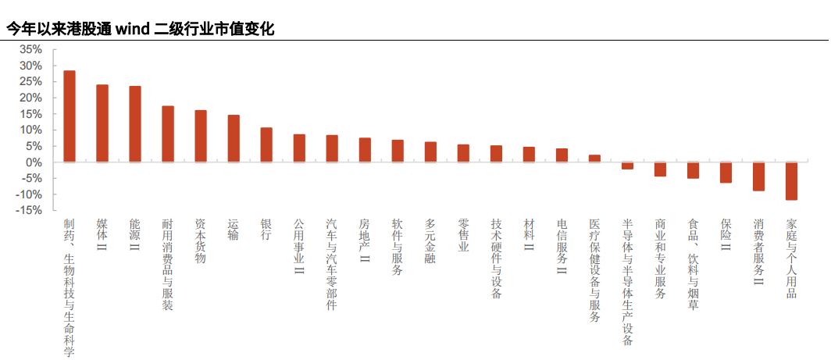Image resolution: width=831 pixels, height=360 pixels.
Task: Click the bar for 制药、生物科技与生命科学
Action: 70,116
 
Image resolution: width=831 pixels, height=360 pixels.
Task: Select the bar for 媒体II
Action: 102,123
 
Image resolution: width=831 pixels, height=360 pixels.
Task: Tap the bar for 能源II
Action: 135,124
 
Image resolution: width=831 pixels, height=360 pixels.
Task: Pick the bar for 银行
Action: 266,145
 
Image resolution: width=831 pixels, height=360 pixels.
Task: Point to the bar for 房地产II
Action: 365,150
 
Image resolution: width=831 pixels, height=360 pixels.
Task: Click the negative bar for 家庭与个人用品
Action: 791,180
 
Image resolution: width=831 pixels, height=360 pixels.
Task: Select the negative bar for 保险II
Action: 726,172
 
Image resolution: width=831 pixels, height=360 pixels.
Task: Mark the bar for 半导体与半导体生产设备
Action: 627,166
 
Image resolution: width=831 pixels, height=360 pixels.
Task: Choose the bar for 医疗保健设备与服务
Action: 594,159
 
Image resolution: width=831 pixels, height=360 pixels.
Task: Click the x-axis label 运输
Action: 234,230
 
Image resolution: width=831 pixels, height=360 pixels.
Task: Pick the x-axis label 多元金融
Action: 430,241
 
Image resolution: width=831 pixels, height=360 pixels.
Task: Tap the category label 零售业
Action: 463,236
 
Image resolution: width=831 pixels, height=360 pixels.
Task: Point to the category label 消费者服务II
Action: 758,251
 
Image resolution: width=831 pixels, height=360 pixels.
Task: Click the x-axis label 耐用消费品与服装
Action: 168,264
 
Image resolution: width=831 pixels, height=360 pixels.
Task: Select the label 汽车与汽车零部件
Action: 332,264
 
